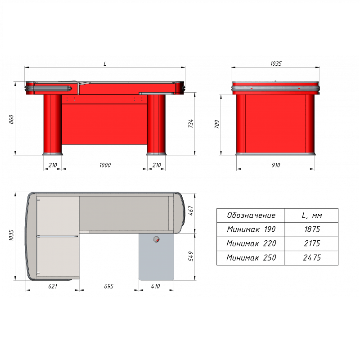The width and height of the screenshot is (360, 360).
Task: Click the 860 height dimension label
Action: pyautogui.click(x=11, y=120)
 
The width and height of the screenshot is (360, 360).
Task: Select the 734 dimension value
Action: pyautogui.click(x=191, y=123)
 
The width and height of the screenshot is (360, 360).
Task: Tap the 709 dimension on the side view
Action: pyautogui.click(x=217, y=124)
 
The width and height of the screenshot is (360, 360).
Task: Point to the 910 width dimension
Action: pyautogui.click(x=276, y=165)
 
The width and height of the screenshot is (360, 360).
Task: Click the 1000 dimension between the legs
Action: pyautogui.click(x=105, y=165)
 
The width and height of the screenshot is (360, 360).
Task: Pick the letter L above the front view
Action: pyautogui.click(x=105, y=63)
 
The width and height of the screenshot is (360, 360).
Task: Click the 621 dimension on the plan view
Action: pyautogui.click(x=53, y=286)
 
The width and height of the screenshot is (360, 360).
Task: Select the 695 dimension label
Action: pyautogui.click(x=108, y=286)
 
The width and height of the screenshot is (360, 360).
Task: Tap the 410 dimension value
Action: pyautogui.click(x=155, y=286)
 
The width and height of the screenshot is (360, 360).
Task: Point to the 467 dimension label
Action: pyautogui.click(x=191, y=211)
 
